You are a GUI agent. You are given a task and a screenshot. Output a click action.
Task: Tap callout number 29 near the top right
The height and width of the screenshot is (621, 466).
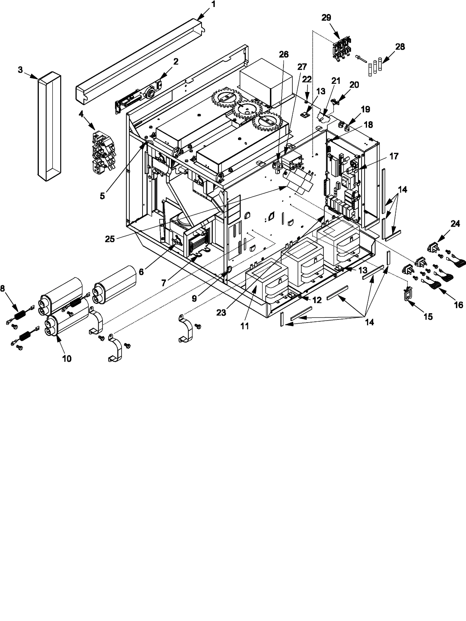[327, 17]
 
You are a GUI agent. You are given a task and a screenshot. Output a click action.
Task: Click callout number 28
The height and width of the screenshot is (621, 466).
[400, 47]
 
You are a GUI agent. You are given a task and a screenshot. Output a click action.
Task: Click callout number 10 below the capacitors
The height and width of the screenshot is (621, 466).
[67, 358]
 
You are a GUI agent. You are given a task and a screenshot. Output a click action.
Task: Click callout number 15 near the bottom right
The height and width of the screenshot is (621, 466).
[428, 317]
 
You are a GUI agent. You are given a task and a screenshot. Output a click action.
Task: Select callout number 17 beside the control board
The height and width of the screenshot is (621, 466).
[394, 156]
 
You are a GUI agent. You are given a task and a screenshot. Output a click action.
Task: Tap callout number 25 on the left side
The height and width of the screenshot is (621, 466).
[110, 239]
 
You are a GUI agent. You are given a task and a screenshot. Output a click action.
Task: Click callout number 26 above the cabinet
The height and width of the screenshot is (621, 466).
[284, 54]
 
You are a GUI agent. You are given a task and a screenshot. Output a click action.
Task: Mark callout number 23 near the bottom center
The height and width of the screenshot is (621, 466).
[221, 313]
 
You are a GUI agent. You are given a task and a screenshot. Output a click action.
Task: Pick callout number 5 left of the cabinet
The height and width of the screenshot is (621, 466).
[102, 196]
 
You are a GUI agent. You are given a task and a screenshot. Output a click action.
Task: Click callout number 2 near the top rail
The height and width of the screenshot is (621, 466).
[176, 61]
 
